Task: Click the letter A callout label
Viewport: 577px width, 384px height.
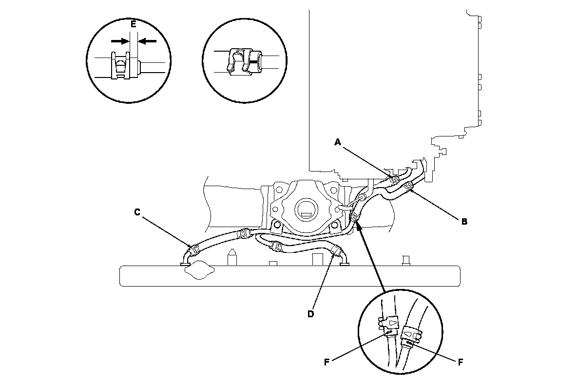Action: tap(337, 142)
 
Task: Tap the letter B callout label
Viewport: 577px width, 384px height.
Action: tap(464, 221)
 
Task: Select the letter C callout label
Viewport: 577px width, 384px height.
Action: tap(137, 212)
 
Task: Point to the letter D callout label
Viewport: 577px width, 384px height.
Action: tap(310, 313)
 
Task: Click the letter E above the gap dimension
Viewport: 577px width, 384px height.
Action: tap(134, 23)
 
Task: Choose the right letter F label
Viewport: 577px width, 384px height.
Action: tap(460, 362)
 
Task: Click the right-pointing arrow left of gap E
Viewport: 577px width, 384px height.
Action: tap(119, 41)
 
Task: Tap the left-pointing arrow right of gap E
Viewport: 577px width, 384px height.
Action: tap(148, 41)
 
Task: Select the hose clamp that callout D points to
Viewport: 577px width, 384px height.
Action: tap(335, 251)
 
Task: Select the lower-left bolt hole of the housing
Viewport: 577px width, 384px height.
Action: tap(276, 225)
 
